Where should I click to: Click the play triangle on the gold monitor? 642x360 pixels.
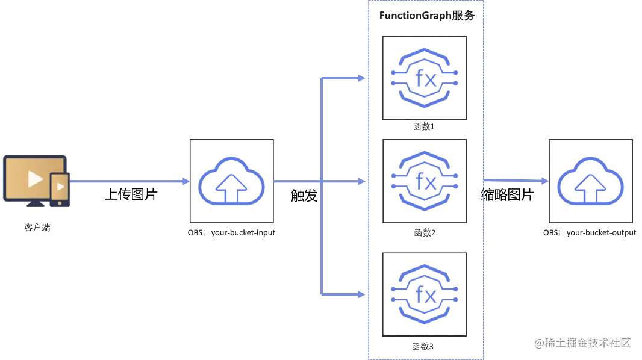pyautogui.click(x=34, y=179)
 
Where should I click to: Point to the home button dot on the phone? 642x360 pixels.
pyautogui.click(x=59, y=203)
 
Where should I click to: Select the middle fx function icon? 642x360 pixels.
pyautogui.click(x=425, y=181)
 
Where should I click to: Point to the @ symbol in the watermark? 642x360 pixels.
pyautogui.click(x=536, y=342)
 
